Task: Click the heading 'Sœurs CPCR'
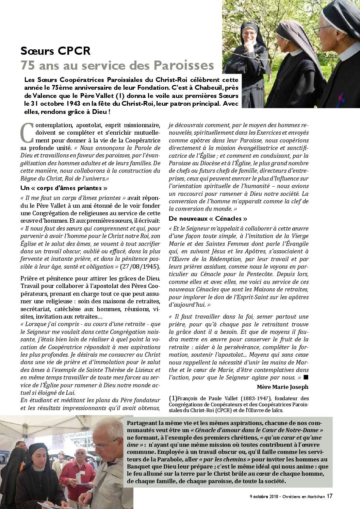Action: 55,51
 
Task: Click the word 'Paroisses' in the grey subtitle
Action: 183,65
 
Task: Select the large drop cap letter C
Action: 27,133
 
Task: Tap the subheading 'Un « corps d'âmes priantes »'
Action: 64,188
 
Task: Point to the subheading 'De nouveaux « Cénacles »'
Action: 208,219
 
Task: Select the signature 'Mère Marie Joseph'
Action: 282,387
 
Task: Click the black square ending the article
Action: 306,377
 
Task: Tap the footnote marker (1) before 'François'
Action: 173,398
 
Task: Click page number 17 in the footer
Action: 329,496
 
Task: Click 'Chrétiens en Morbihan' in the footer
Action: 303,496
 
